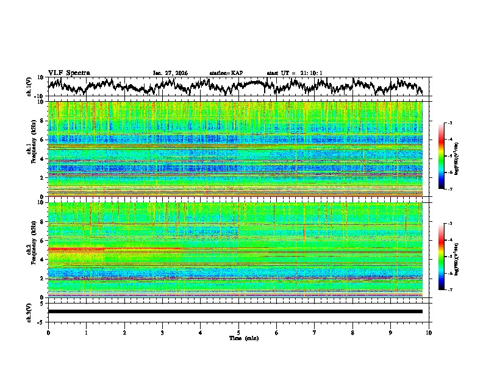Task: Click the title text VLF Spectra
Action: tap(69, 73)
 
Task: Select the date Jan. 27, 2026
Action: tap(170, 73)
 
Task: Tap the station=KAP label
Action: tap(226, 73)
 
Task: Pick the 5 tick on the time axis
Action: tap(238, 332)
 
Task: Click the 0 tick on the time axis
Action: tap(48, 332)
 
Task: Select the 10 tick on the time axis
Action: tap(429, 332)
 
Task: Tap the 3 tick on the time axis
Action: tap(162, 332)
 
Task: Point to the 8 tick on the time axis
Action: tap(352, 332)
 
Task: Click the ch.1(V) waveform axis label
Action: tap(29, 87)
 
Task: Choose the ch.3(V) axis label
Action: tap(29, 311)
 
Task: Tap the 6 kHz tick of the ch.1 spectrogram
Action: tap(43, 140)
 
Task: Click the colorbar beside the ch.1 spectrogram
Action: tap(448, 156)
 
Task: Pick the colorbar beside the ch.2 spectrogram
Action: tap(448, 257)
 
